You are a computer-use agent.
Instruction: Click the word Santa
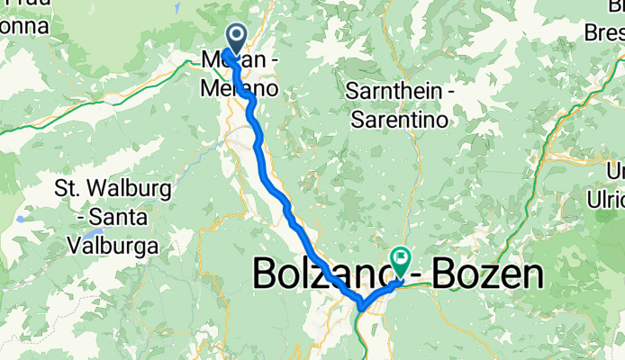coord(121,218)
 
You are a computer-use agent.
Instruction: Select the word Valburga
coord(113,244)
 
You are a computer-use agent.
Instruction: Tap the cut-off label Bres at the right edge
coord(605,34)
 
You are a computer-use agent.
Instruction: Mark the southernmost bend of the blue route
coord(361,308)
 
